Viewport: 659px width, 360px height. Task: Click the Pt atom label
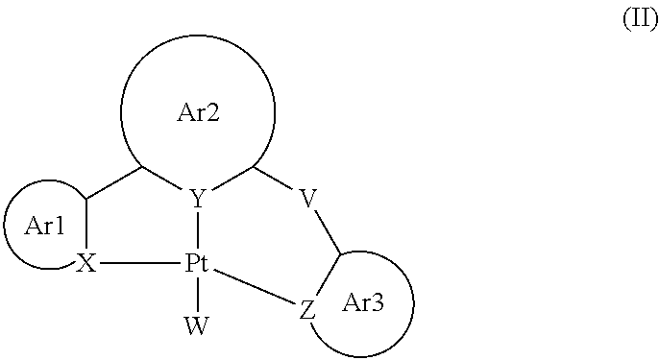click(x=197, y=265)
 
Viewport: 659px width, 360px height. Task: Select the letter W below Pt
click(x=197, y=325)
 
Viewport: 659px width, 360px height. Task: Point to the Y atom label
click(x=197, y=200)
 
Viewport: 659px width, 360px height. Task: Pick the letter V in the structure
click(x=307, y=200)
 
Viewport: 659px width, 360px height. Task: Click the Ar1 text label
click(x=45, y=227)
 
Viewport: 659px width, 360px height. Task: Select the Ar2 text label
click(x=198, y=113)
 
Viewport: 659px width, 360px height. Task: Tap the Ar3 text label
click(x=363, y=304)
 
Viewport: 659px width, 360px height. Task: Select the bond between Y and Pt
click(x=197, y=232)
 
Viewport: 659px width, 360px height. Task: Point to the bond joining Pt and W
click(x=197, y=295)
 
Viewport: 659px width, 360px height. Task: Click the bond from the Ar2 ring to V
click(x=276, y=181)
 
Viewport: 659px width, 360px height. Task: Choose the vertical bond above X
click(x=86, y=226)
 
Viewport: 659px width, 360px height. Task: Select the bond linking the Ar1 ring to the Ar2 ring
click(x=115, y=183)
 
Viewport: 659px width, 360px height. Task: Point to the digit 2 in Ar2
click(x=213, y=113)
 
